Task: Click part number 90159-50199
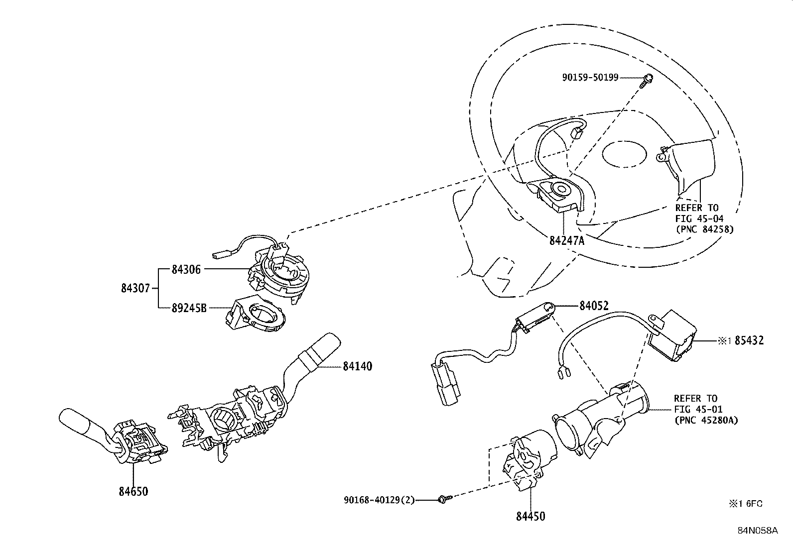click(590, 77)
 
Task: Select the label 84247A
click(566, 241)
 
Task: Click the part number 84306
click(186, 269)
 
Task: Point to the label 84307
click(135, 288)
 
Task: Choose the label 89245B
click(189, 308)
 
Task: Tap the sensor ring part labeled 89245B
click(257, 316)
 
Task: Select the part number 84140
click(357, 366)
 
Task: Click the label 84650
click(133, 492)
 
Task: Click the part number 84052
click(594, 306)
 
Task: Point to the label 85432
click(749, 341)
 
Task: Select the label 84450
click(530, 516)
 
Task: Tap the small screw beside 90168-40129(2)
click(444, 498)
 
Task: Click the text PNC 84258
click(704, 229)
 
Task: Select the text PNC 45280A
click(706, 420)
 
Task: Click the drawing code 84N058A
click(758, 531)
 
